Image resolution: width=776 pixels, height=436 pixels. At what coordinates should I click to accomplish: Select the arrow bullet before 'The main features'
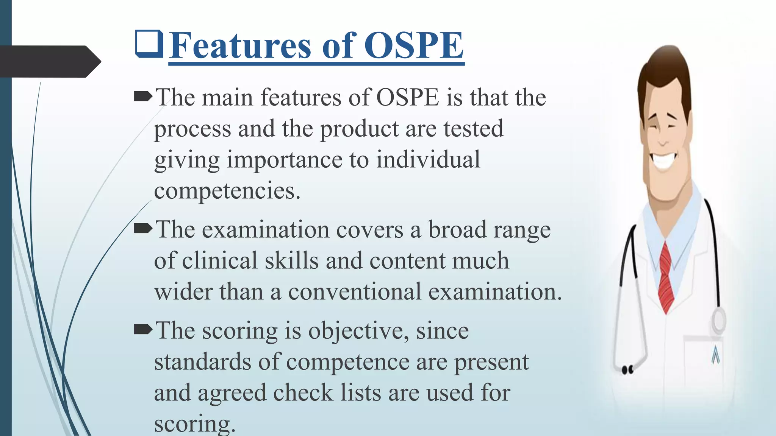coord(143,97)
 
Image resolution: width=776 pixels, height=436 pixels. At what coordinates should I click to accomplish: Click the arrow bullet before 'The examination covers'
coord(143,229)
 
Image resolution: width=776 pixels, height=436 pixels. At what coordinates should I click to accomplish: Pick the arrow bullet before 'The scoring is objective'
coord(143,330)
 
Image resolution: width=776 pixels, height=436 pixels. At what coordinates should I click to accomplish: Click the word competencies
coord(227,191)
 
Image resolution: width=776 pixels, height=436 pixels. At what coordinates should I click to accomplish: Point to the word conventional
coord(355,292)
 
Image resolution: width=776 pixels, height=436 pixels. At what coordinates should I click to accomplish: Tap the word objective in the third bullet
coord(358,331)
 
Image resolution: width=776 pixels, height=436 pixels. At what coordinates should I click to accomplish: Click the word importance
coord(284,159)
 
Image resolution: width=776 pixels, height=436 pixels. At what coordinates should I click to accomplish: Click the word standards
coord(202,362)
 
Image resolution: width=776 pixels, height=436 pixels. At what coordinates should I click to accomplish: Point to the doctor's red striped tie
coord(666,276)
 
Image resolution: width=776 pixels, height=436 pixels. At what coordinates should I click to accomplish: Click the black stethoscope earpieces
coord(627,369)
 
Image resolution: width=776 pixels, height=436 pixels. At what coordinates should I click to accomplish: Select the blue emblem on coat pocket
coord(715,355)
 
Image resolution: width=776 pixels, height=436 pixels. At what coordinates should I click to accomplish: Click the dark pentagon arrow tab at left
coord(49,62)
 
